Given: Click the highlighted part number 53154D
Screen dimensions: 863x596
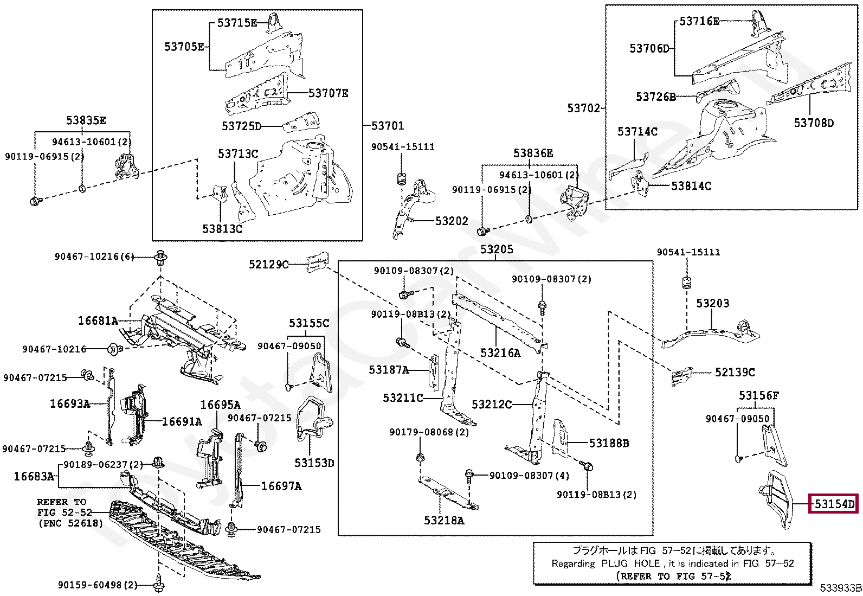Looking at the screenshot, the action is pyautogui.click(x=834, y=504).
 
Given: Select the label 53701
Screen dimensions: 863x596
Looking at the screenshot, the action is pyautogui.click(x=388, y=126).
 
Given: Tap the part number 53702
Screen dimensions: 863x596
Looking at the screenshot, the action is pyautogui.click(x=583, y=108).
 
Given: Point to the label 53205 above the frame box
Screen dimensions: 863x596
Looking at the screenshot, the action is pyautogui.click(x=497, y=249).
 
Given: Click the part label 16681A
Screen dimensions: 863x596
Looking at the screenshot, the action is pyautogui.click(x=98, y=321).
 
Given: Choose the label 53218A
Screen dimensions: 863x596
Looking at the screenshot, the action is pyautogui.click(x=444, y=521).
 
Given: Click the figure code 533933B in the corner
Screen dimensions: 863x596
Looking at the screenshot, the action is pyautogui.click(x=841, y=588).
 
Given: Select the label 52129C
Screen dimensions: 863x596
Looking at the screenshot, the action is pyautogui.click(x=268, y=265).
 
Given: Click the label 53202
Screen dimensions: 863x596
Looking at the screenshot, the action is pyautogui.click(x=452, y=221).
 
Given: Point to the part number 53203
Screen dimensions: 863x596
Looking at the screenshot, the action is pyautogui.click(x=712, y=303).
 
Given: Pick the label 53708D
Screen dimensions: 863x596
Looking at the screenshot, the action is pyautogui.click(x=814, y=123).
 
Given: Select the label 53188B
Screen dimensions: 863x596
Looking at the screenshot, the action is pyautogui.click(x=609, y=443).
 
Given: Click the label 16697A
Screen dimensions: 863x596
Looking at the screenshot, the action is pyautogui.click(x=281, y=486).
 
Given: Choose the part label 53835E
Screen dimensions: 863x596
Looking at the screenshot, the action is pyautogui.click(x=86, y=121).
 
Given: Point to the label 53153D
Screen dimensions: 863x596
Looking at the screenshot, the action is pyautogui.click(x=314, y=463).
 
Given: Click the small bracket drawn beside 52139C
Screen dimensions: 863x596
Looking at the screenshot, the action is pyautogui.click(x=682, y=376).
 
